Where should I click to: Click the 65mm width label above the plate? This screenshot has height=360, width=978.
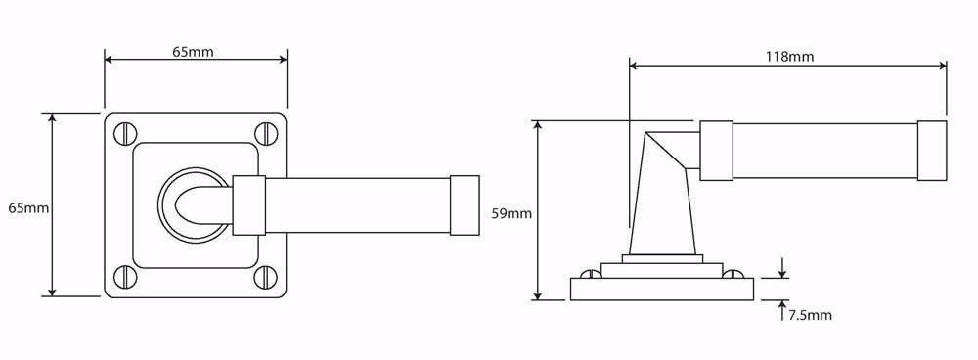pyautogui.click(x=193, y=52)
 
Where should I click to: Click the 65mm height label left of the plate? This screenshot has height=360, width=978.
pyautogui.click(x=28, y=208)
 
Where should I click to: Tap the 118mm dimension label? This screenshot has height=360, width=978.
pyautogui.click(x=789, y=57)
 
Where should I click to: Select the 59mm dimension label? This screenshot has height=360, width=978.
pyautogui.click(x=511, y=214)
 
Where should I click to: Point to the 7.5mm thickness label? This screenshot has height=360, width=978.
pyautogui.click(x=810, y=315)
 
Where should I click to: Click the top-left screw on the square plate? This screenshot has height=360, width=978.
pyautogui.click(x=125, y=133)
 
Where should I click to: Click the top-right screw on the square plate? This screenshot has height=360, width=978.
pyautogui.click(x=266, y=133)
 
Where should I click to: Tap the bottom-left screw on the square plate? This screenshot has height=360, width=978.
pyautogui.click(x=125, y=275)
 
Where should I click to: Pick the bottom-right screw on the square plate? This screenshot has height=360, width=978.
pyautogui.click(x=266, y=275)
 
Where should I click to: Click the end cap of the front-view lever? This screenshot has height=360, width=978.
pyautogui.click(x=465, y=205)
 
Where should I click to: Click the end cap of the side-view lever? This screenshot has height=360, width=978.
pyautogui.click(x=932, y=151)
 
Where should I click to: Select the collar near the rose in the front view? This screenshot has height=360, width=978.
pyautogui.click(x=248, y=205)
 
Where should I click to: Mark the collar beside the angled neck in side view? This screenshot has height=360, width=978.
pyautogui.click(x=716, y=151)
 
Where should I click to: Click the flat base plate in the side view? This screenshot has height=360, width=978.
pyautogui.click(x=662, y=289)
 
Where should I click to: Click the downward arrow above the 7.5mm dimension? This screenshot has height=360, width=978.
pyautogui.click(x=782, y=268)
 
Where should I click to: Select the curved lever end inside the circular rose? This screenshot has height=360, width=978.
pyautogui.click(x=194, y=205)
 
